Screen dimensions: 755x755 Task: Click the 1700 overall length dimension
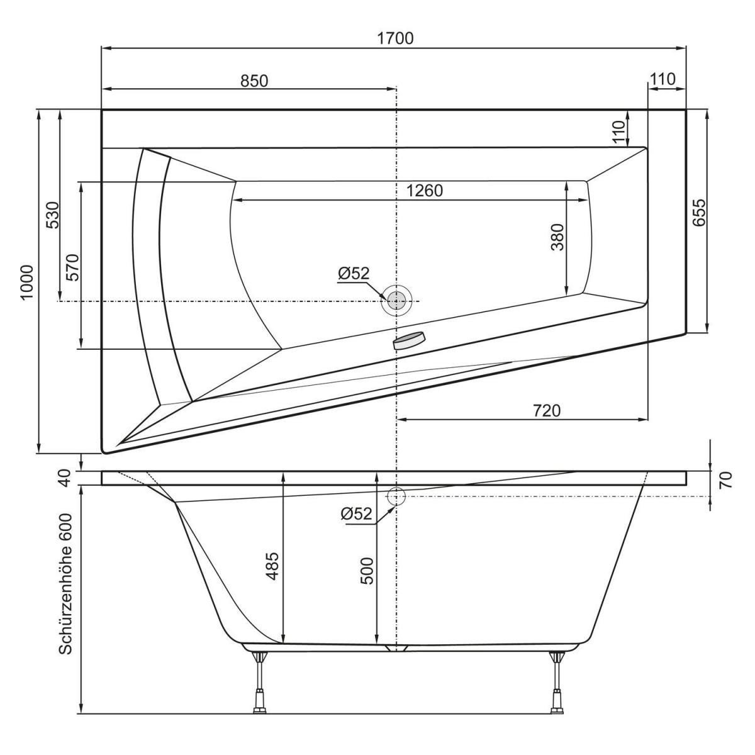click(395, 38)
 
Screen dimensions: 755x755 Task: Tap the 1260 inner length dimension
click(425, 191)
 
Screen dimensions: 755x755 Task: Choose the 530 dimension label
click(53, 215)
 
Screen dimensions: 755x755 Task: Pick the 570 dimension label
click(73, 267)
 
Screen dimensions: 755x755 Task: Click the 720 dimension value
click(546, 410)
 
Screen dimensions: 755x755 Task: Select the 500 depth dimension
click(367, 570)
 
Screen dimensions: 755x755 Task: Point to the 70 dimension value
click(725, 481)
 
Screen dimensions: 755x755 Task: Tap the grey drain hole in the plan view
click(396, 301)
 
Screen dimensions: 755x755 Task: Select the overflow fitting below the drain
click(409, 340)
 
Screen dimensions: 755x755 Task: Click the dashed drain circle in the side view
click(396, 496)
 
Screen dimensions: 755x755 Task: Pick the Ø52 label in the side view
click(357, 514)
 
